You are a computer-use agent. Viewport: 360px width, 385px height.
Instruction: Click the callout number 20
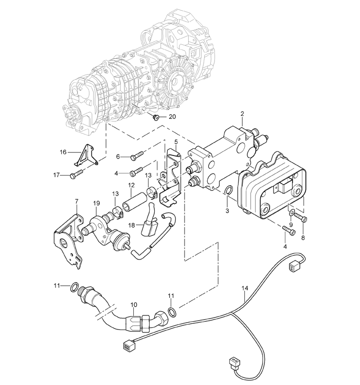(x=172, y=117)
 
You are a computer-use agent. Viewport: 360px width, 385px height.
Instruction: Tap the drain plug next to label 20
(x=155, y=118)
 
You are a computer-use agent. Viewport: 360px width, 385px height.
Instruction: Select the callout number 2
(x=242, y=114)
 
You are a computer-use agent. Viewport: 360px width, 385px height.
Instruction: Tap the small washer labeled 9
(x=291, y=213)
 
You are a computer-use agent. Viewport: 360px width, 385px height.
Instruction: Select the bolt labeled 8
(x=300, y=217)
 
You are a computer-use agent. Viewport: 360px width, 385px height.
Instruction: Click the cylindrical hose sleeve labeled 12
(x=134, y=202)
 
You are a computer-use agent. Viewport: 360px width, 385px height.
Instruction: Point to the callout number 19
(x=97, y=203)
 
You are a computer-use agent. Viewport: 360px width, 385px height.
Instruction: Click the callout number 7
(x=77, y=201)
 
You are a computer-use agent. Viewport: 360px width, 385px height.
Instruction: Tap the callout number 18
(x=132, y=225)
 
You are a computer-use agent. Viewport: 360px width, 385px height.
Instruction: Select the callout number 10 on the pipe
(x=134, y=305)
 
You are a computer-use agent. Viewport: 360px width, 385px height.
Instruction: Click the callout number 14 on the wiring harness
(x=245, y=288)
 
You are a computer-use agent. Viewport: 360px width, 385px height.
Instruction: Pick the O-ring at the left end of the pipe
(x=75, y=287)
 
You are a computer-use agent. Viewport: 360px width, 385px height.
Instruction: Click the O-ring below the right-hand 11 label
(x=172, y=311)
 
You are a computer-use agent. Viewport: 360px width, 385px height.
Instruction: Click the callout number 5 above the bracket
(x=176, y=142)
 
